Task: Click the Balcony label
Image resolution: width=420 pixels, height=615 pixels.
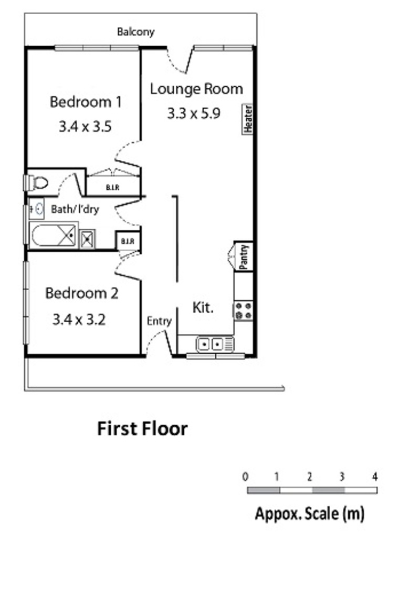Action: [x=135, y=32]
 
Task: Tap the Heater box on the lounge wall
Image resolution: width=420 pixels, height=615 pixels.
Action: [x=248, y=119]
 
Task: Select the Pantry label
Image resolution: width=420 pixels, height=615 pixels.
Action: [x=244, y=257]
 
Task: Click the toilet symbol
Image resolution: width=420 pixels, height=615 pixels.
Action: [x=36, y=183]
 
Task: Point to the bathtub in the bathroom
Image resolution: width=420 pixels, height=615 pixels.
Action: [x=53, y=235]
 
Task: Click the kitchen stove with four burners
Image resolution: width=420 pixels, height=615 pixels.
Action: [x=243, y=311]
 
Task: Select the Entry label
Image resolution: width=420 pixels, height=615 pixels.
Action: [x=159, y=321]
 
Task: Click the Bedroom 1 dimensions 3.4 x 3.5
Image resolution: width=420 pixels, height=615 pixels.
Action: [x=86, y=127]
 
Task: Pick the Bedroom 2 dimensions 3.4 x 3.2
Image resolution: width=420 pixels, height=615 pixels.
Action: [x=79, y=320]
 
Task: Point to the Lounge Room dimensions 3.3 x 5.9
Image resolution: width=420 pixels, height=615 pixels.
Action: [x=194, y=114]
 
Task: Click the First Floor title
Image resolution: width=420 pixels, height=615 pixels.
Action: [x=142, y=429]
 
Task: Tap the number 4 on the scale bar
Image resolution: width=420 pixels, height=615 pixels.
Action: [x=375, y=477]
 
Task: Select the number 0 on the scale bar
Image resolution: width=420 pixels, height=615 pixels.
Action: [x=245, y=477]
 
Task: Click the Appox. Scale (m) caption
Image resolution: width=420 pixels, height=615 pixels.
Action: [x=310, y=514]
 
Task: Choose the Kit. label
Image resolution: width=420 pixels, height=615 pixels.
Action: [x=203, y=307]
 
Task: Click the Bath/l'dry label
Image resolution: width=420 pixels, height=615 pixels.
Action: [x=75, y=209]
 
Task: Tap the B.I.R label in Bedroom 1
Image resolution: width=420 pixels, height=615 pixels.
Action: [x=112, y=188]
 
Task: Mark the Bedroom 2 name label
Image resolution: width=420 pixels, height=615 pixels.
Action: [x=81, y=293]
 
